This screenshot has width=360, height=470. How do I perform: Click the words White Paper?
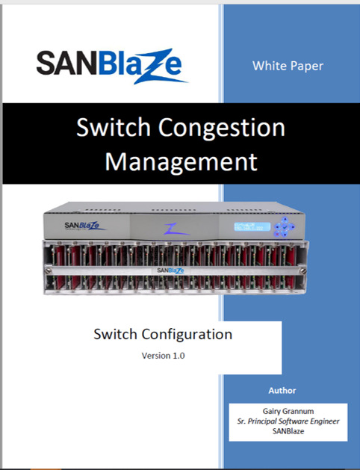click(288, 66)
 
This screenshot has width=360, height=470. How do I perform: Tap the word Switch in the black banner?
click(114, 127)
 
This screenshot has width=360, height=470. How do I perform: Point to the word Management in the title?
click(181, 162)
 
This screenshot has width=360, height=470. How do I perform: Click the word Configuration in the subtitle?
click(187, 335)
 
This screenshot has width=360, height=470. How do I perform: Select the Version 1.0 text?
click(164, 356)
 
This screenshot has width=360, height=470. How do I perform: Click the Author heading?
click(282, 391)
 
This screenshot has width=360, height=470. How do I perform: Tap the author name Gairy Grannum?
click(288, 411)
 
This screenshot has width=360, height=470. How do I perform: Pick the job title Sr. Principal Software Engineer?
click(288, 421)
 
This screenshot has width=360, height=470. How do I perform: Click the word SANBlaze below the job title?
click(288, 431)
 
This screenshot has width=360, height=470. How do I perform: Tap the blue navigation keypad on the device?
click(284, 227)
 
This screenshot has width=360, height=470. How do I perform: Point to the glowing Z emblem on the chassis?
click(176, 229)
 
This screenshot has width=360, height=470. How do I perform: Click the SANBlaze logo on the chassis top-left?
click(84, 226)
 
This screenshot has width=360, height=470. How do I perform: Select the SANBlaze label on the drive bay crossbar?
click(170, 270)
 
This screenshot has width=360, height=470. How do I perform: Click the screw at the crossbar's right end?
click(302, 271)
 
